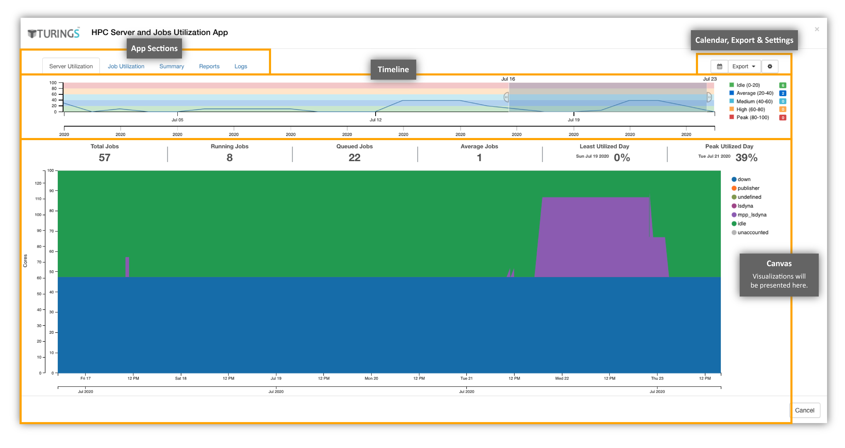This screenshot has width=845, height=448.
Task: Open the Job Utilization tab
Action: (126, 66)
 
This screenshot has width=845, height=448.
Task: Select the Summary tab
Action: (172, 66)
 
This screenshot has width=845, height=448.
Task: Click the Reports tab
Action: (209, 66)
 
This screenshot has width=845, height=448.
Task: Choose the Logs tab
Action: (241, 66)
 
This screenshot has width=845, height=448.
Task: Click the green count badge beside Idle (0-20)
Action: (783, 85)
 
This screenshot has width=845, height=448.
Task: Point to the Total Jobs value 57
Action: (105, 158)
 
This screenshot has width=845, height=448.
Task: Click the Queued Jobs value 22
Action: (354, 158)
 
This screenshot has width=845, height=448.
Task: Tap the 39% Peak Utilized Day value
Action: (746, 158)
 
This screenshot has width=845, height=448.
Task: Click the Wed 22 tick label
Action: (562, 378)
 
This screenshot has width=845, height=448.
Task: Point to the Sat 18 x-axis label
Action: (181, 378)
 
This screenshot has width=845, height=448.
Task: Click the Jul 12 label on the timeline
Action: (376, 120)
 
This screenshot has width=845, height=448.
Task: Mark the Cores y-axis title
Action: (25, 261)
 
